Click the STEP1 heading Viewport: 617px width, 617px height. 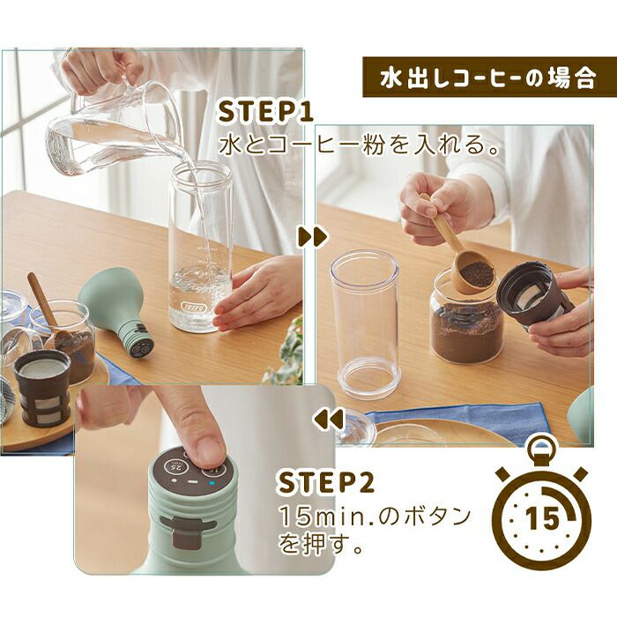point(266,111)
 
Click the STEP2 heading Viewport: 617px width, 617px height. point(326,482)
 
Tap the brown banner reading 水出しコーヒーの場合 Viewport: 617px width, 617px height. point(489,78)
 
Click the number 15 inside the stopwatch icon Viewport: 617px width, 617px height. point(542,518)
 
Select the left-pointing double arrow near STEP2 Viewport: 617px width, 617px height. point(328,419)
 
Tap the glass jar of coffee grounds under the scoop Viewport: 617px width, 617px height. point(466,323)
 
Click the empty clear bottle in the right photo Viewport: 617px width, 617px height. point(365,323)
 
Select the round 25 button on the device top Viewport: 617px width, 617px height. point(175,467)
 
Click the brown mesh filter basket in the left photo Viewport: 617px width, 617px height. point(42,392)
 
